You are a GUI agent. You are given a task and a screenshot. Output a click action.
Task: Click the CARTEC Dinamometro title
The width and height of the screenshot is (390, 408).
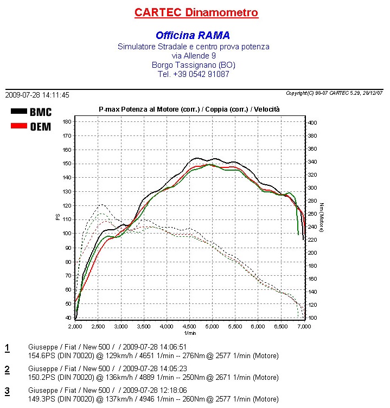(x=196, y=12)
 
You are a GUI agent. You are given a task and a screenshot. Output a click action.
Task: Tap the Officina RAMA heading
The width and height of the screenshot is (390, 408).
(x=193, y=35)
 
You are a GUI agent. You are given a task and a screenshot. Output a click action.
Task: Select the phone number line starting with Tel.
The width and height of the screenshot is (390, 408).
(x=193, y=74)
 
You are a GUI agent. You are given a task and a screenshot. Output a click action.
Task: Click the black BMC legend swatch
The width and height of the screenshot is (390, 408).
(x=19, y=112)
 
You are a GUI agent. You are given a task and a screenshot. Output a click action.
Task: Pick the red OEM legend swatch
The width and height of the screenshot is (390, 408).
(x=19, y=126)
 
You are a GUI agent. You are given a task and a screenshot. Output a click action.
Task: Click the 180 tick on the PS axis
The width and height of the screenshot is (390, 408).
(x=67, y=121)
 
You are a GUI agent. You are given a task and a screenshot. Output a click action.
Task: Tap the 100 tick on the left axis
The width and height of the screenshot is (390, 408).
(x=67, y=234)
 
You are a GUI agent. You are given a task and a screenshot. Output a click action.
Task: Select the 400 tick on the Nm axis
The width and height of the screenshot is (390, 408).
(x=312, y=123)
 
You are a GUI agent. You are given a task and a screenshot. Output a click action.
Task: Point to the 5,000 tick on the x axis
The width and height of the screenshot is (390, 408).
(x=213, y=327)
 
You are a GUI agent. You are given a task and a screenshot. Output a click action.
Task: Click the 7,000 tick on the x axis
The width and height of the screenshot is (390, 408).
(x=304, y=327)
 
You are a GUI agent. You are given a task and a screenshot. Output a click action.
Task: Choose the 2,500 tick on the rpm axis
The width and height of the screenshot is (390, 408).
(x=98, y=327)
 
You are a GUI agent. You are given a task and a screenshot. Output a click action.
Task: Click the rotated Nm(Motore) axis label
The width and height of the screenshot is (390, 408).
(x=322, y=218)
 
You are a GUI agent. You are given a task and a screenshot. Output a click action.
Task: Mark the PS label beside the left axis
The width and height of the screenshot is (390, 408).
(x=57, y=217)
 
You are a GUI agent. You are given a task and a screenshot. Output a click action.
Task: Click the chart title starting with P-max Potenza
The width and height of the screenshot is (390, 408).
(x=189, y=109)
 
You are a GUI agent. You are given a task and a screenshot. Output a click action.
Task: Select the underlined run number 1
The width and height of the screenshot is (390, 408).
(x=7, y=347)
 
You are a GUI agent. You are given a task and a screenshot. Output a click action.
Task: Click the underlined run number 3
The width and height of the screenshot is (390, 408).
(x=7, y=391)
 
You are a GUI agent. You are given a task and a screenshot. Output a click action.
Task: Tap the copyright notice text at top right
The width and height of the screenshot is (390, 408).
(x=334, y=93)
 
